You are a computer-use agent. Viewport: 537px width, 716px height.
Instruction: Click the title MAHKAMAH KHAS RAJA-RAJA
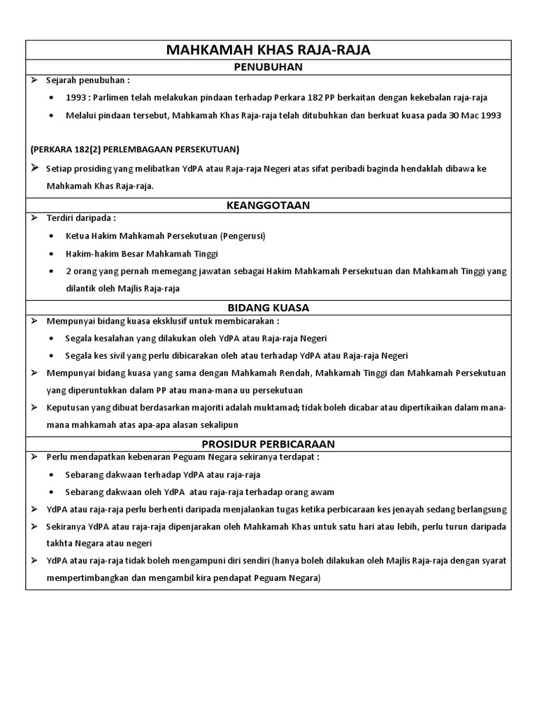[268, 50]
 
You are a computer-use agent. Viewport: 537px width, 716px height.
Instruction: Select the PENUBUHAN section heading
[268, 67]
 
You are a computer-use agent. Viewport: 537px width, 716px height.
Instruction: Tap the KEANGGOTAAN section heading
[268, 205]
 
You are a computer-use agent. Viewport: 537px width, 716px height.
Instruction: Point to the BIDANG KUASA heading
[268, 307]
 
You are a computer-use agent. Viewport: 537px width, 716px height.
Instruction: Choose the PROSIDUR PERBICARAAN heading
[268, 443]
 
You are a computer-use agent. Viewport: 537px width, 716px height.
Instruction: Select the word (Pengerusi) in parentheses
[243, 236]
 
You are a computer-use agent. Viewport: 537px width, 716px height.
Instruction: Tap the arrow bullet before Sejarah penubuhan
[34, 80]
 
